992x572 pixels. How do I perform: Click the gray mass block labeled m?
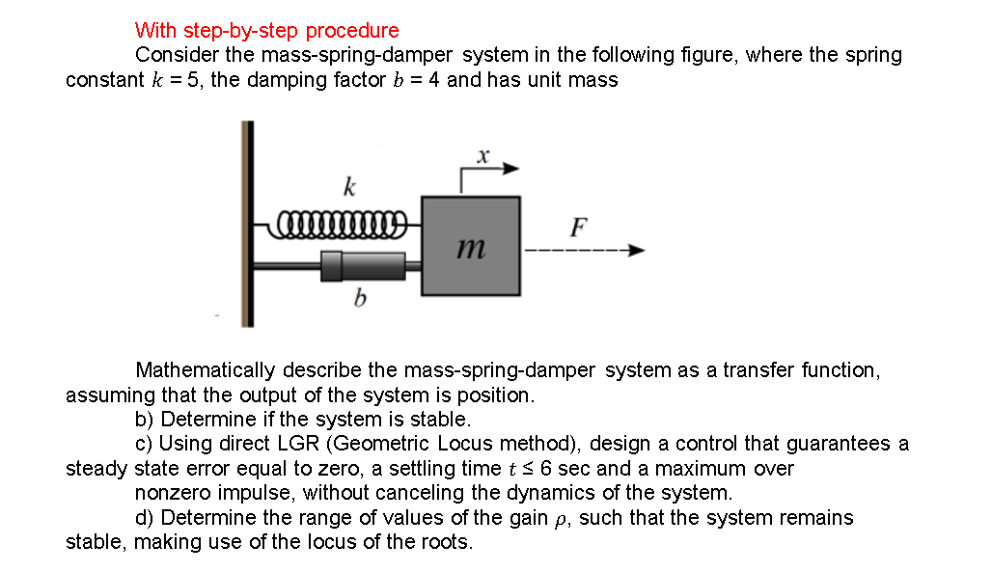(x=470, y=245)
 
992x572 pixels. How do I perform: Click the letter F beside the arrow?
(x=577, y=228)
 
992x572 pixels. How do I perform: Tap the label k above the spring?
(x=348, y=185)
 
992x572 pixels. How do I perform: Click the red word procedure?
(x=353, y=31)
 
